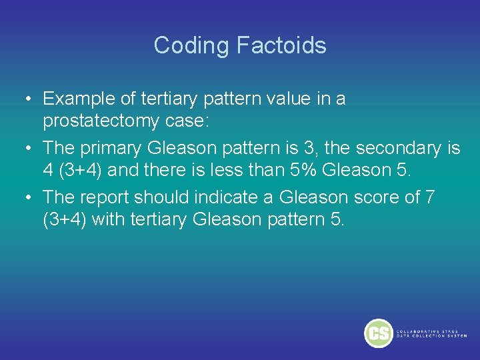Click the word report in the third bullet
click(107, 197)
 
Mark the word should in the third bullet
click(160, 197)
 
